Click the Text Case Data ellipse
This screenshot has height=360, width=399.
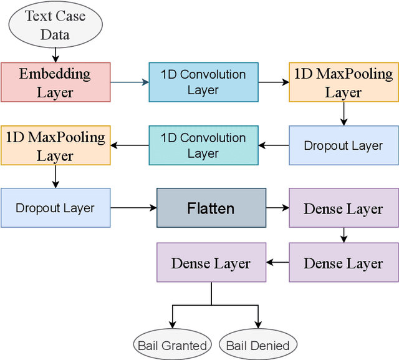tap(55, 24)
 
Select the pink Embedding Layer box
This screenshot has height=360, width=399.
tap(55, 82)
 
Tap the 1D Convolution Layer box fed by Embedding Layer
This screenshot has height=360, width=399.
tap(203, 82)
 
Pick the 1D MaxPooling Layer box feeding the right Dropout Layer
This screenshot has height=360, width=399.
tap(344, 82)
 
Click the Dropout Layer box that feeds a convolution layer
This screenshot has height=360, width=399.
tap(344, 146)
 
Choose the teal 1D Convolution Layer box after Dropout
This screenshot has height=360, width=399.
tap(203, 146)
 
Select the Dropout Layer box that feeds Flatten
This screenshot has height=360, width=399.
tap(55, 208)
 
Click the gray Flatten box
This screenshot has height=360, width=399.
tap(211, 208)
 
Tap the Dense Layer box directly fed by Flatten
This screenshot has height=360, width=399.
tap(344, 208)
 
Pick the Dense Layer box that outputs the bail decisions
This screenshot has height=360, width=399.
tap(211, 263)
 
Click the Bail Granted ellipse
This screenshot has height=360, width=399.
tap(171, 345)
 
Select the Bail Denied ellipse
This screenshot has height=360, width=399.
tap(257, 345)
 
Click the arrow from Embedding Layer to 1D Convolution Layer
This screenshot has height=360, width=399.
tap(130, 82)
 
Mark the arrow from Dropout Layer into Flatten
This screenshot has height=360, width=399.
tap(133, 208)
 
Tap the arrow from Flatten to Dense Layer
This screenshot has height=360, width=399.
tap(277, 208)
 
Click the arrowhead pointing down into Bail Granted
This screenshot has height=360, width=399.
tap(171, 326)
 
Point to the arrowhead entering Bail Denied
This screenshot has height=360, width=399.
tap(257, 326)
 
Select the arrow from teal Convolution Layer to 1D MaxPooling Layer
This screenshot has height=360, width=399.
tap(130, 146)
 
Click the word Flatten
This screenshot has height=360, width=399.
tap(211, 208)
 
